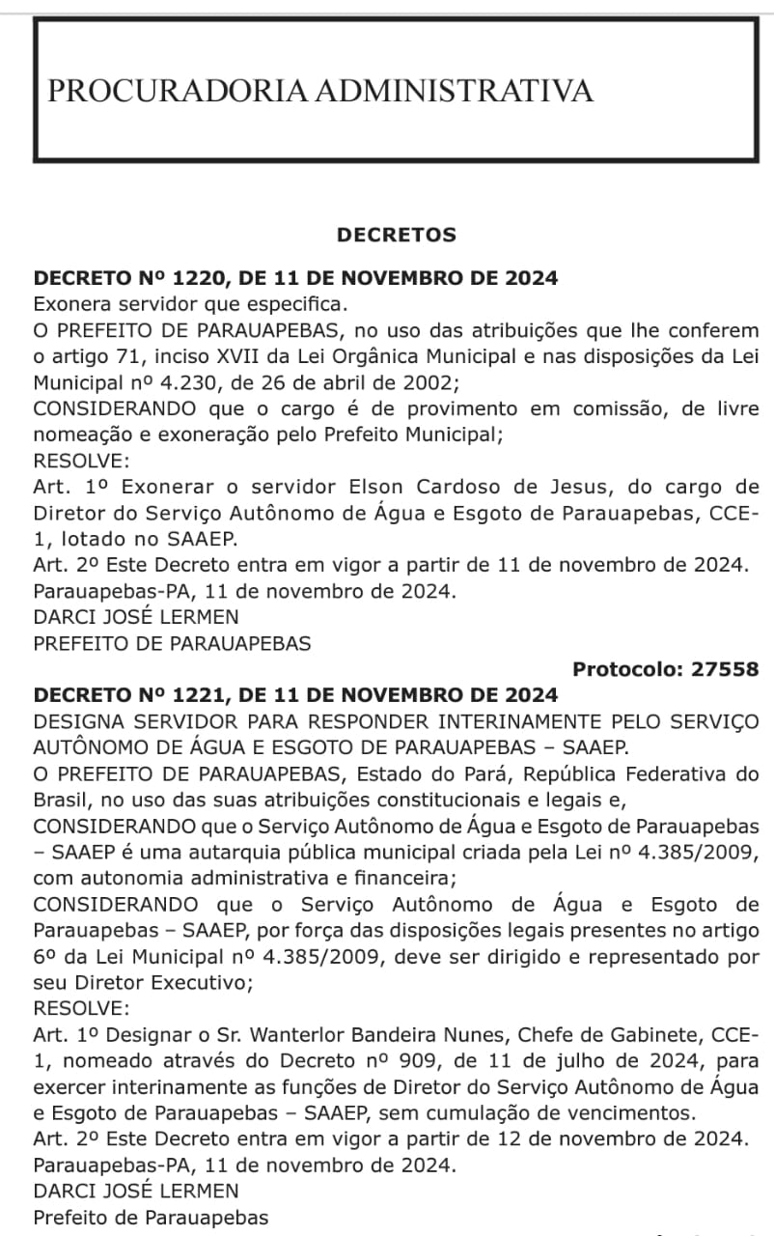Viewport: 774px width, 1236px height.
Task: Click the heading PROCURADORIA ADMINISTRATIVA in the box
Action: tap(319, 92)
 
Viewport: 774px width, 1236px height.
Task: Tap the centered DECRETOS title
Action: tap(397, 235)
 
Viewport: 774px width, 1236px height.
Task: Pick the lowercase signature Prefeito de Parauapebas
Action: tap(152, 1218)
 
